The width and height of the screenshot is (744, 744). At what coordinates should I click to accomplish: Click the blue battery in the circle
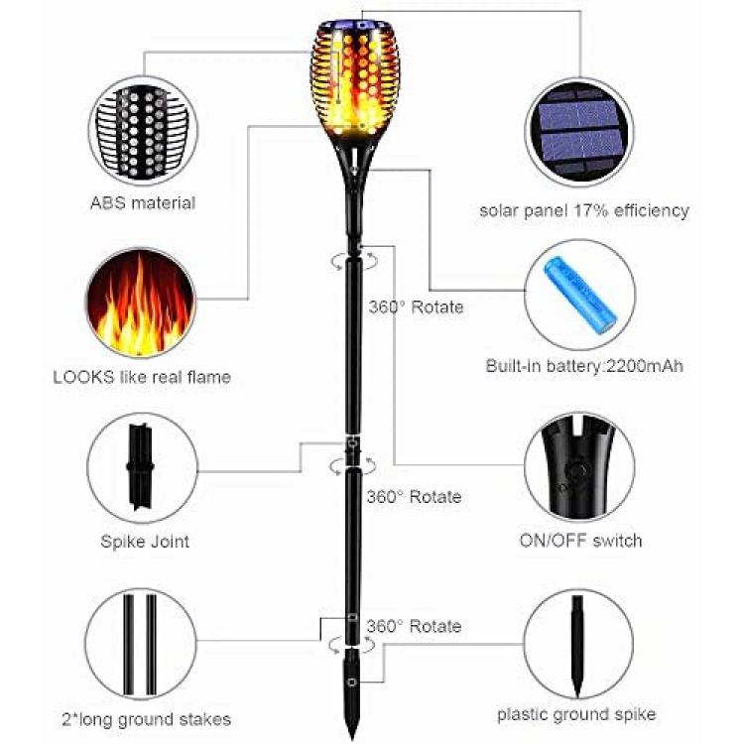580,296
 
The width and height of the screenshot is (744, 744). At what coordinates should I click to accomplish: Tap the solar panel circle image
579,132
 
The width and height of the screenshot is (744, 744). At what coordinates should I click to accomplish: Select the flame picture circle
141,303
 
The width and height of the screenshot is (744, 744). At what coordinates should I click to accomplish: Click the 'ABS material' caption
143,203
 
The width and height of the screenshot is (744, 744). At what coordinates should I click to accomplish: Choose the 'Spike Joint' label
145,542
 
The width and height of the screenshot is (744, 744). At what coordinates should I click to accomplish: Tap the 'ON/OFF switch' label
580,541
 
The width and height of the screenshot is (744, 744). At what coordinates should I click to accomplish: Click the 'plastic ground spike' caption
576,714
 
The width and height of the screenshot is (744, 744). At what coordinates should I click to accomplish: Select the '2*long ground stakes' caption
147,720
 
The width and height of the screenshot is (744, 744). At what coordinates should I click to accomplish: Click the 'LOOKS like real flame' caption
142,377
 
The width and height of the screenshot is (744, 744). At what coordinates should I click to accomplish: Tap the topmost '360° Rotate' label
416,307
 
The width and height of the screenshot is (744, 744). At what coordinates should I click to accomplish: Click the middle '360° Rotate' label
415,497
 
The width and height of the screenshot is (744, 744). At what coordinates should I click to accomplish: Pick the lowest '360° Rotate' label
415,626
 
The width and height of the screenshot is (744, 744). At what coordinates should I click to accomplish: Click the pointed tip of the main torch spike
352,738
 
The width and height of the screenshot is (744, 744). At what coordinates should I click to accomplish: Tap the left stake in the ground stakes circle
129,644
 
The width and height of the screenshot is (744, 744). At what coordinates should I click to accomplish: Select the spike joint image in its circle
140,467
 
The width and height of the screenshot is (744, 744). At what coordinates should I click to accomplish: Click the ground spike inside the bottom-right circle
577,646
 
